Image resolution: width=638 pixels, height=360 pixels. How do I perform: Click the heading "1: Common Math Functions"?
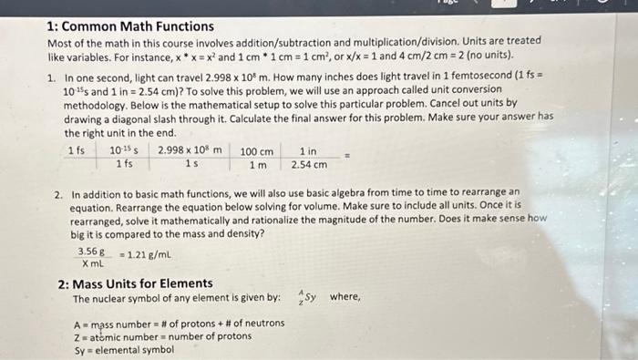pyautogui.click(x=130, y=26)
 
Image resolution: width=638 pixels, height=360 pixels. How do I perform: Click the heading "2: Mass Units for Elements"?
pyautogui.click(x=135, y=283)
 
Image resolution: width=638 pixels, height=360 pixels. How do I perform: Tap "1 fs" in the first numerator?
pyautogui.click(x=77, y=150)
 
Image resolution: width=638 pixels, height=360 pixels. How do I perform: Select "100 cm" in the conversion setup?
pyautogui.click(x=256, y=151)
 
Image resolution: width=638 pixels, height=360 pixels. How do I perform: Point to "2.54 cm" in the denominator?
pyautogui.click(x=309, y=165)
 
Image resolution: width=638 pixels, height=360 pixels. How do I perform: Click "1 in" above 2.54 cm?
pyautogui.click(x=308, y=151)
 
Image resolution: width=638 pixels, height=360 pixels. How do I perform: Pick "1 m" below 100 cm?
pyautogui.click(x=258, y=165)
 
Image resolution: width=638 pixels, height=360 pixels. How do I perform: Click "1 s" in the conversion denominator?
pyautogui.click(x=190, y=164)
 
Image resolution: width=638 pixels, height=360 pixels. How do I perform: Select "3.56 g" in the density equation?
pyautogui.click(x=91, y=251)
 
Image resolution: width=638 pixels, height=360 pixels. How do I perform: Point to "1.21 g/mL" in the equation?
pyautogui.click(x=148, y=255)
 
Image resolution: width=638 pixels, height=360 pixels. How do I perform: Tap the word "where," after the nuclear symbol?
pyautogui.click(x=345, y=297)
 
